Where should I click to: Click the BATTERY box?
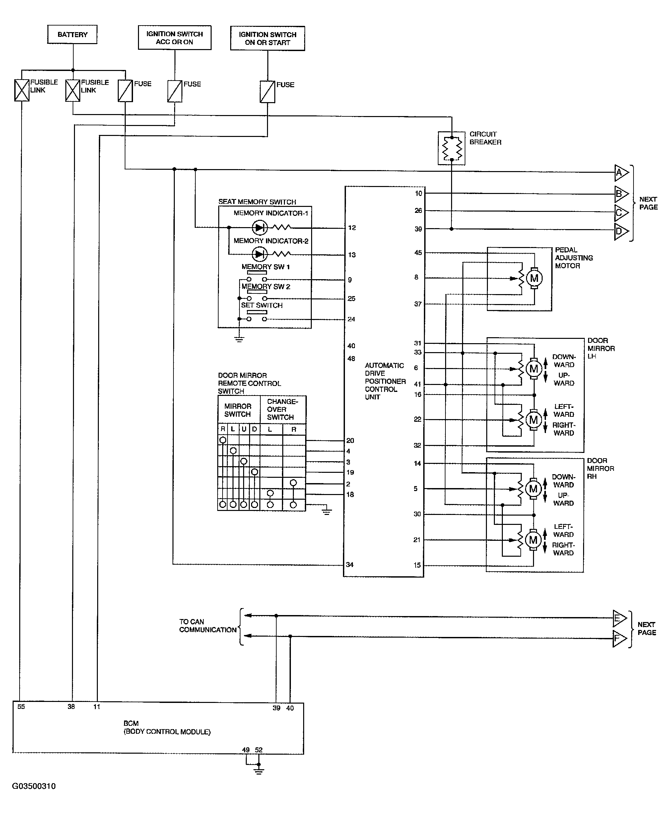point(72,34)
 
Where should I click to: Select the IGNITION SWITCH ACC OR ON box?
point(174,38)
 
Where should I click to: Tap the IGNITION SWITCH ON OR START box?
point(267,38)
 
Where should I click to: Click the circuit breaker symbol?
point(451,148)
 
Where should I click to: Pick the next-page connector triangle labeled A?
point(621,173)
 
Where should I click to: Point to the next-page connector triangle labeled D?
point(621,231)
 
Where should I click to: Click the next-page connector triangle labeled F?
point(619,639)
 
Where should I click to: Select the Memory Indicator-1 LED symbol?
point(259,227)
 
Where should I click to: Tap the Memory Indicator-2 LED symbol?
point(259,254)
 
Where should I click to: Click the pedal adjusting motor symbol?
point(534,278)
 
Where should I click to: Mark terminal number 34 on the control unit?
point(350,564)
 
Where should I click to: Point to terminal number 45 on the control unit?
point(418,253)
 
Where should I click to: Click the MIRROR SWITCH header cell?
point(238,410)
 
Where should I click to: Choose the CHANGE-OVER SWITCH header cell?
point(283,409)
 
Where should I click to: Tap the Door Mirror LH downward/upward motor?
point(534,369)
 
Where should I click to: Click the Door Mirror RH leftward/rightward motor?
point(533,540)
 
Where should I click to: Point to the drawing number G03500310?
point(34,786)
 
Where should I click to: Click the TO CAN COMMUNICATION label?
point(208,625)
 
